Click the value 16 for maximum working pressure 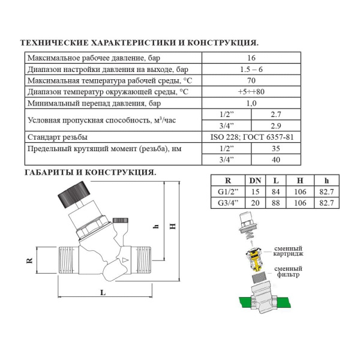[x=251, y=58]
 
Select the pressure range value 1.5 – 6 [x=251, y=70]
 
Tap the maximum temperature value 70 [x=251, y=80]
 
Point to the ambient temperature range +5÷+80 [x=251, y=92]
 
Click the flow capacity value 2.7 [x=276, y=114]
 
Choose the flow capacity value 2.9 [x=276, y=125]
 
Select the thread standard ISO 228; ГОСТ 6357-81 [x=251, y=137]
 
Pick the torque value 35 [x=276, y=148]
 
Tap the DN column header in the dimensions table [x=254, y=181]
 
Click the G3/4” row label [x=227, y=203]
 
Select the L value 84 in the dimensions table [x=275, y=192]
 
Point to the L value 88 [x=275, y=203]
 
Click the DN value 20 [x=254, y=203]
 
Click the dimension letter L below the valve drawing [x=103, y=292]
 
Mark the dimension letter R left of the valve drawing [x=27, y=262]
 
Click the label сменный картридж [x=288, y=251]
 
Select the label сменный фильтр [x=288, y=272]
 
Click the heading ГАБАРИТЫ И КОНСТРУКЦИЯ [x=90, y=172]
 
